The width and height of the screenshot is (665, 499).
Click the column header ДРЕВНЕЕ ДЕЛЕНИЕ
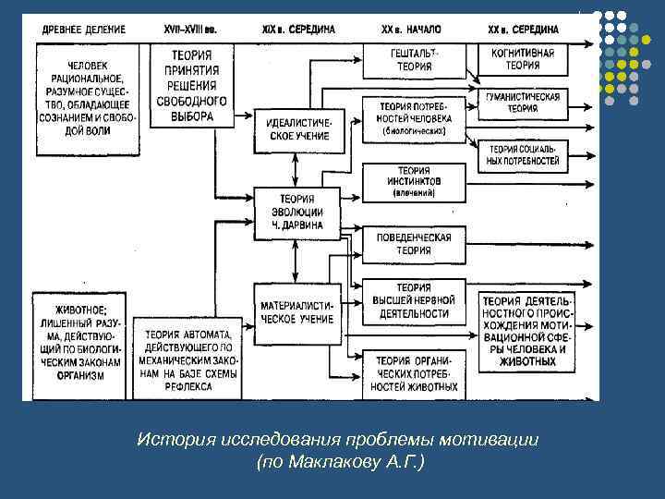80,30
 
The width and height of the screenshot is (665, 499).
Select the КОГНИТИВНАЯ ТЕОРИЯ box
524,60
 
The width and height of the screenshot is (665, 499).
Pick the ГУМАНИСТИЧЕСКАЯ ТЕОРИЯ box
523,103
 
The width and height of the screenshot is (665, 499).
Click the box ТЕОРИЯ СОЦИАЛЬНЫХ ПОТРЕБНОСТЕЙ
523,154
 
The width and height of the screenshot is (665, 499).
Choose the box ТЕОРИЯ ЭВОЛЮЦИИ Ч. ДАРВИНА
296,212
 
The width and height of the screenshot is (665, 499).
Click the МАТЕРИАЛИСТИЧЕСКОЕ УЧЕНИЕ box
296,311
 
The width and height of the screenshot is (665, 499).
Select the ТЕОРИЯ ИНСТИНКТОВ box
414,182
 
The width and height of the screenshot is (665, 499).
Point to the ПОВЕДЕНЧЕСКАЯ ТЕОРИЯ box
414,243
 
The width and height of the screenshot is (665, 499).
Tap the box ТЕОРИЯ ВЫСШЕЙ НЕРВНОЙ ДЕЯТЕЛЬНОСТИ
414,301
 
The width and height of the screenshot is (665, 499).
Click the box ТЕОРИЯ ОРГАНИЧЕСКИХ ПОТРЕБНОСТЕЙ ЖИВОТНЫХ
414,373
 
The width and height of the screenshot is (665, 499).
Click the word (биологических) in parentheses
414,132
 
